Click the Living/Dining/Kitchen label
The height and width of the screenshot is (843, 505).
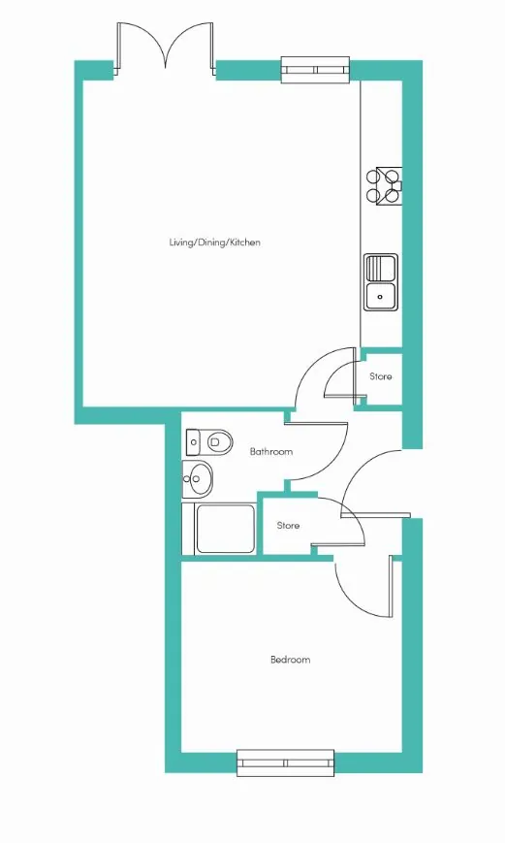point(215,243)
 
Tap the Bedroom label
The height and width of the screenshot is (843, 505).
point(290,659)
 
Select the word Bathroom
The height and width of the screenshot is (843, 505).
point(271,452)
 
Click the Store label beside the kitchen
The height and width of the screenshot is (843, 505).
point(380,376)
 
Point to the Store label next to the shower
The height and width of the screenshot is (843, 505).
point(288,525)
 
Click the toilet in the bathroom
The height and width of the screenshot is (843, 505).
point(209,442)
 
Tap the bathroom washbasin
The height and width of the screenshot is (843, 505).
point(198,477)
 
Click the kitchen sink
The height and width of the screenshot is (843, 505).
point(381,282)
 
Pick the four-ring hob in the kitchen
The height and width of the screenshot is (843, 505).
point(384,185)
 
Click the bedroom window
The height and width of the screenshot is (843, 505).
point(286,762)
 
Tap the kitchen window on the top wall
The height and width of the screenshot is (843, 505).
point(316,70)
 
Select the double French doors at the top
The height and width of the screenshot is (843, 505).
point(166,49)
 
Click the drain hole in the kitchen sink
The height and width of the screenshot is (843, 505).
point(380,296)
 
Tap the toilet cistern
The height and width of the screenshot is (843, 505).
point(193,442)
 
